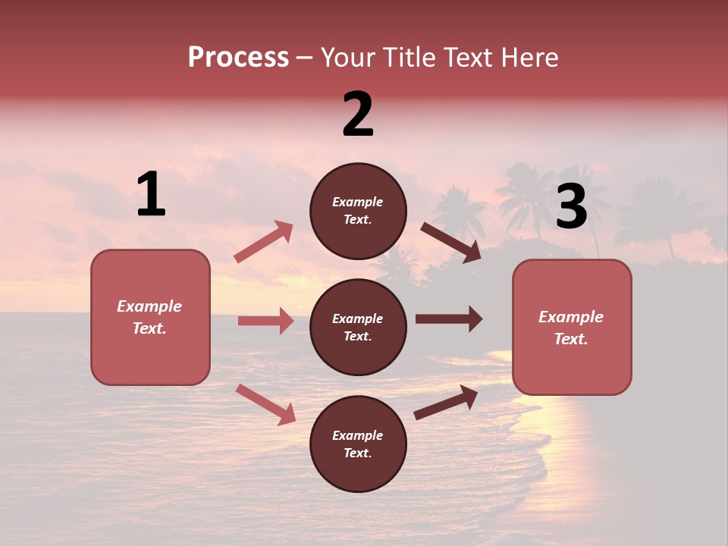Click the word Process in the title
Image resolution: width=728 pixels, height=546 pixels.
pyautogui.click(x=238, y=58)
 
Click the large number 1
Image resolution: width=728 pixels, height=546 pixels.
pyautogui.click(x=151, y=195)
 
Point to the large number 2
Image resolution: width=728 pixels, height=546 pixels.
pyautogui.click(x=358, y=115)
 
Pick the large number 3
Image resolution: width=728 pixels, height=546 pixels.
pyautogui.click(x=571, y=206)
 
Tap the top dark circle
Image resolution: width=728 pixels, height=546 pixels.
pyautogui.click(x=358, y=211)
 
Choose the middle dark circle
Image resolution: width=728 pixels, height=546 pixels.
pyautogui.click(x=358, y=327)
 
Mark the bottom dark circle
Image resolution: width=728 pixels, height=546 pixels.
pyautogui.click(x=358, y=444)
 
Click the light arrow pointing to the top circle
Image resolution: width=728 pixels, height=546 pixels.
pyautogui.click(x=264, y=242)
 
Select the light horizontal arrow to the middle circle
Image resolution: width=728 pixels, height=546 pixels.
pyautogui.click(x=265, y=321)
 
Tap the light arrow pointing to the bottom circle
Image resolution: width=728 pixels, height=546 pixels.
pyautogui.click(x=265, y=404)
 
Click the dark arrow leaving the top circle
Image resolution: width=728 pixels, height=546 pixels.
pyautogui.click(x=450, y=242)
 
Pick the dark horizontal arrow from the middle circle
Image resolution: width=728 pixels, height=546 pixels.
pyautogui.click(x=448, y=318)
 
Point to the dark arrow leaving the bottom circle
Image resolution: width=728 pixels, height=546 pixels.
pyautogui.click(x=446, y=403)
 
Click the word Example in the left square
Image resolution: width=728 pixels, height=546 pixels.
pyautogui.click(x=149, y=306)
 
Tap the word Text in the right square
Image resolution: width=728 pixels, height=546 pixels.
pyautogui.click(x=570, y=339)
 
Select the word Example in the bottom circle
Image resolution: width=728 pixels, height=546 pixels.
pyautogui.click(x=358, y=435)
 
